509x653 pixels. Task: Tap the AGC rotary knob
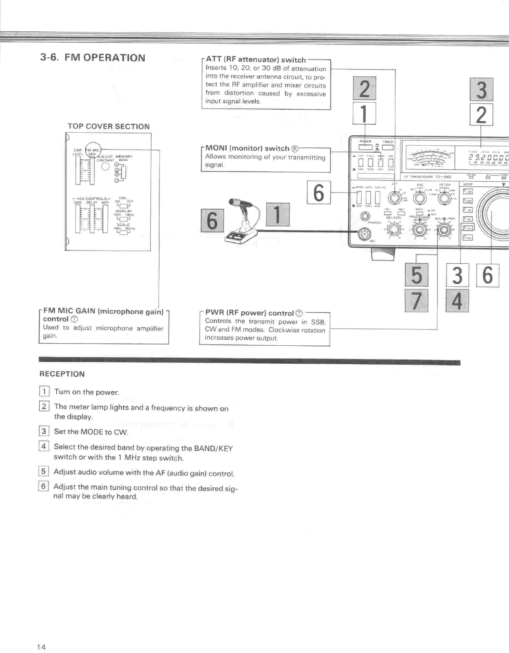click(420, 198)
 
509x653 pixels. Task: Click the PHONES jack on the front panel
click(365, 216)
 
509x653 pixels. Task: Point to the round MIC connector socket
click(363, 234)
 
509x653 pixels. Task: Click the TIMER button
click(388, 147)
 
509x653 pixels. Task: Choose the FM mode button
click(467, 228)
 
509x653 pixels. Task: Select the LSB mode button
click(467, 191)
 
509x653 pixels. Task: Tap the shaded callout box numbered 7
click(416, 301)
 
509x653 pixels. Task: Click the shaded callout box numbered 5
click(416, 275)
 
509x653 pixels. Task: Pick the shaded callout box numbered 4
click(457, 301)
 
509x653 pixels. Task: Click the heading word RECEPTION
click(62, 374)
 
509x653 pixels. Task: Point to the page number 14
click(41, 647)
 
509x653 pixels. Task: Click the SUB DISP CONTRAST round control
click(105, 167)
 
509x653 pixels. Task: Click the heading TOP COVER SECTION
click(108, 126)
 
